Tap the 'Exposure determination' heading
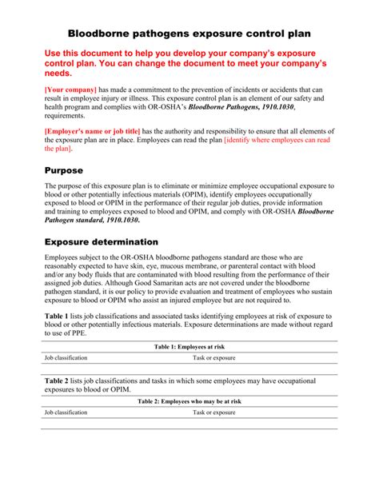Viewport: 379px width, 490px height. click(101, 241)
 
